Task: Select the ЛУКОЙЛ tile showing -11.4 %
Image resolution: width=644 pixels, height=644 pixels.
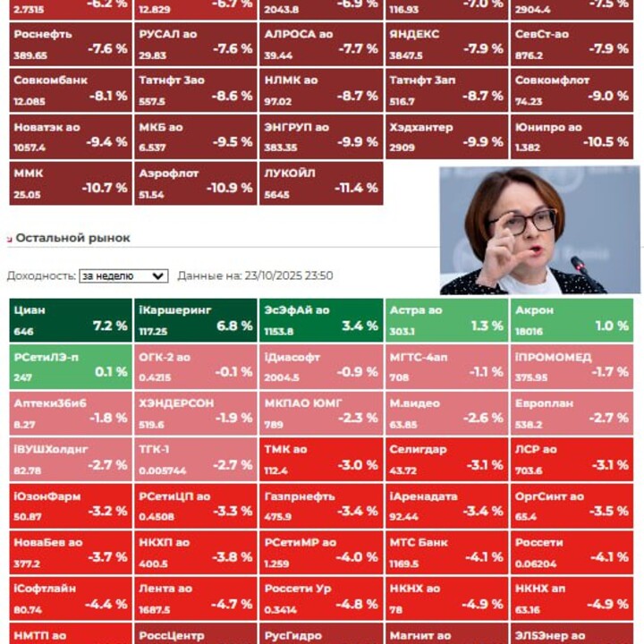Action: point(320,183)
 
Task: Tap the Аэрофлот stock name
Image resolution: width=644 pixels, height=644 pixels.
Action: point(169,174)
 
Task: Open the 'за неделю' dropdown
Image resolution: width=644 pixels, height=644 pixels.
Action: point(123,276)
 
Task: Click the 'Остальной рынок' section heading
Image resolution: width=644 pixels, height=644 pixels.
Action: point(72,238)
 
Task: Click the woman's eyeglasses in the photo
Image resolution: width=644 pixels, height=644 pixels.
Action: point(522,220)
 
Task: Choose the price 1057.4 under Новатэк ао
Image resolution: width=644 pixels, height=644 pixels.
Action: point(30,147)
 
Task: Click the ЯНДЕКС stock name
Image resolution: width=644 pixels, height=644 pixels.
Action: point(414,34)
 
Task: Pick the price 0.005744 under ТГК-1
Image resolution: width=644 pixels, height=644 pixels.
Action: point(163,470)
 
